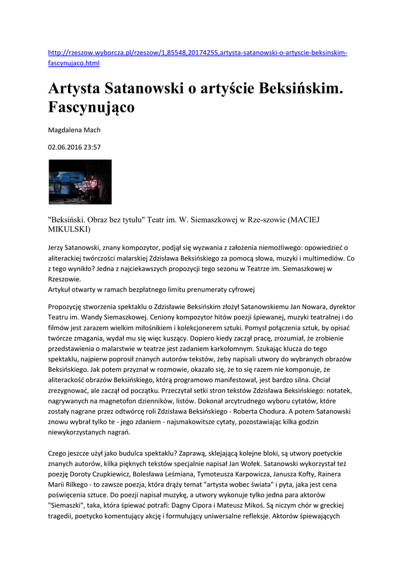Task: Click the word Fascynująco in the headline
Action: pos(91,106)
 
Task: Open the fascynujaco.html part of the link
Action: pos(74,63)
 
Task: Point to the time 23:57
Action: pos(93,147)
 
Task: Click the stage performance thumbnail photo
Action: pos(80,181)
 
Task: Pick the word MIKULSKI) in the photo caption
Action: pos(70,229)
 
